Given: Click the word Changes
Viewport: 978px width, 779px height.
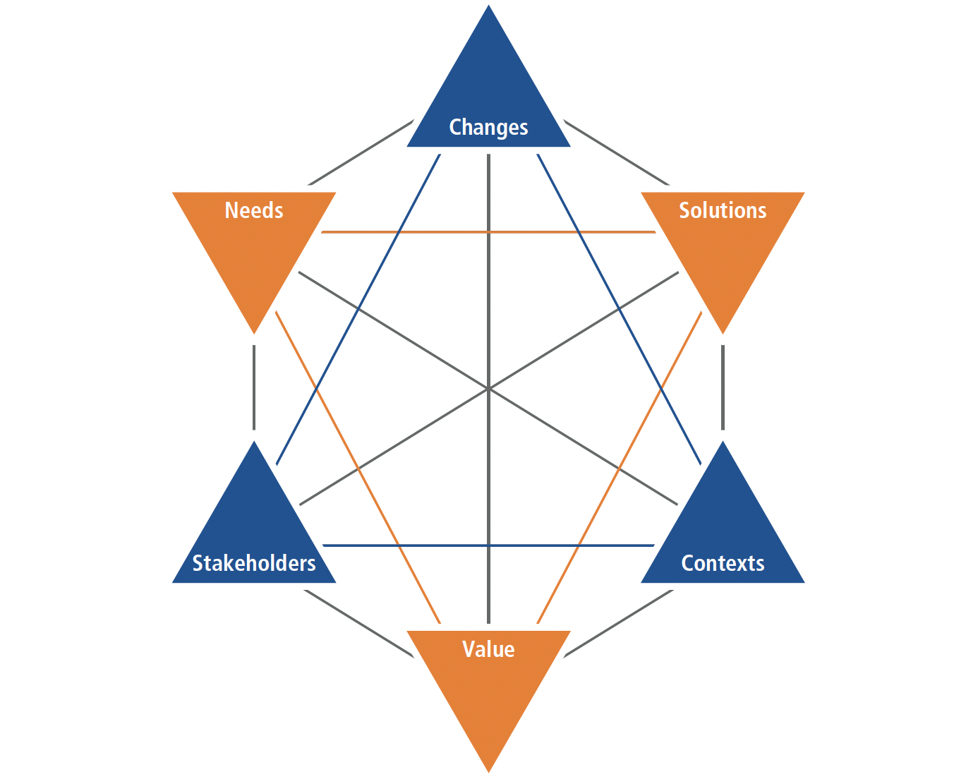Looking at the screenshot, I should pyautogui.click(x=488, y=128).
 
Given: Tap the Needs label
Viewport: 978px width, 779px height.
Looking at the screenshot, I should pyautogui.click(x=254, y=210).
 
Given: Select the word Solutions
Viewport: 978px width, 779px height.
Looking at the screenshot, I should pyautogui.click(x=723, y=210).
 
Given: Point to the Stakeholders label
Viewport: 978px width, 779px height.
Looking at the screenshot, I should pyautogui.click(x=254, y=563).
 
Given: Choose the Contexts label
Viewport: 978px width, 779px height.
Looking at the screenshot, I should pyautogui.click(x=723, y=563).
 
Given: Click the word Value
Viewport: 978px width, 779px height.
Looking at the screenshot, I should pyautogui.click(x=488, y=649).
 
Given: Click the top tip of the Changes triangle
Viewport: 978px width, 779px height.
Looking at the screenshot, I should pyautogui.click(x=488, y=7).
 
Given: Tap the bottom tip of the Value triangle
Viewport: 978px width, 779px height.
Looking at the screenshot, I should pyautogui.click(x=488, y=771).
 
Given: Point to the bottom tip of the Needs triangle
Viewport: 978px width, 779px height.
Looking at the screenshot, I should pyautogui.click(x=254, y=332).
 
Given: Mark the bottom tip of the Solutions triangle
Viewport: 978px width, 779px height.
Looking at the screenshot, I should pyautogui.click(x=723, y=332).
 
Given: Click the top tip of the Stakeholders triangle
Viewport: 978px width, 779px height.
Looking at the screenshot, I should pyautogui.click(x=254, y=442).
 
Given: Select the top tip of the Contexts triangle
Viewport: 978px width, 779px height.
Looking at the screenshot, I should pyautogui.click(x=723, y=442).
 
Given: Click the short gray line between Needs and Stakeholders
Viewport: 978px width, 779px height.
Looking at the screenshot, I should pyautogui.click(x=254, y=387).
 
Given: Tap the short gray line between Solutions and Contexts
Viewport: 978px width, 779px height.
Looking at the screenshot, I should pyautogui.click(x=723, y=387).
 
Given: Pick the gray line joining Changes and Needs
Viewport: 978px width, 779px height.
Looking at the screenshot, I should pyautogui.click(x=361, y=152).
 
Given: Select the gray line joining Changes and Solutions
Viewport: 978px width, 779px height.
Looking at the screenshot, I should pyautogui.click(x=617, y=152).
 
